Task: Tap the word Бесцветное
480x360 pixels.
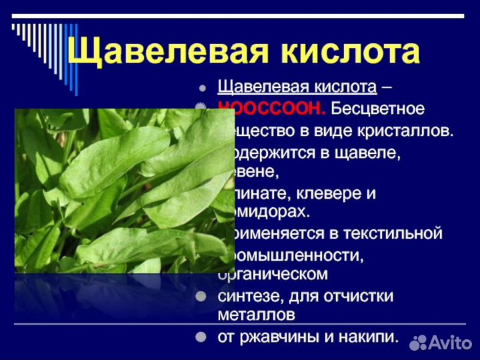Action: click(x=378, y=109)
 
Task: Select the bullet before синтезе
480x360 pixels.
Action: click(x=201, y=296)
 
